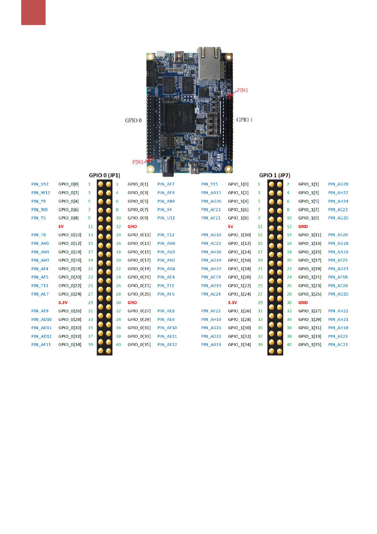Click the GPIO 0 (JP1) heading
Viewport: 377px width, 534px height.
(104, 175)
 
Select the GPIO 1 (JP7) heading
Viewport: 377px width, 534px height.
(274, 175)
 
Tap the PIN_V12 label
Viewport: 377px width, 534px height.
(40, 184)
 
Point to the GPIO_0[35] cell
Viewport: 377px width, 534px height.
(139, 345)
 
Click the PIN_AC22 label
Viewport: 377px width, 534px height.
(338, 345)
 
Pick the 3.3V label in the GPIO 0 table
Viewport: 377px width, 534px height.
(63, 303)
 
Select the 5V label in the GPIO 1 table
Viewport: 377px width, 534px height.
(230, 226)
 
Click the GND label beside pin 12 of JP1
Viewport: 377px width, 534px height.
(132, 226)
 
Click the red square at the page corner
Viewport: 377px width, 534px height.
(33, 12)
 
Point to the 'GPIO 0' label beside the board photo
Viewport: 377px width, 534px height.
(133, 120)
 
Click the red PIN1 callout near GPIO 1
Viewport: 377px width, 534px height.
(242, 90)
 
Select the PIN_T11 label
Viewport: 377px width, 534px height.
(166, 286)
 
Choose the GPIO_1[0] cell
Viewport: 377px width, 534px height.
(238, 184)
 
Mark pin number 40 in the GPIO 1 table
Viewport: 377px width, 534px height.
(289, 345)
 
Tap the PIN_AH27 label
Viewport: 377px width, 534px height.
(338, 193)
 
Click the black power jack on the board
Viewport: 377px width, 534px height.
(168, 167)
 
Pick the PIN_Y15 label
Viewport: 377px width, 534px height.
(209, 184)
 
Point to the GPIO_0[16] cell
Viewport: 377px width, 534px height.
(70, 260)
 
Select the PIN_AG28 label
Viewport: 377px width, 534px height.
(338, 184)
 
